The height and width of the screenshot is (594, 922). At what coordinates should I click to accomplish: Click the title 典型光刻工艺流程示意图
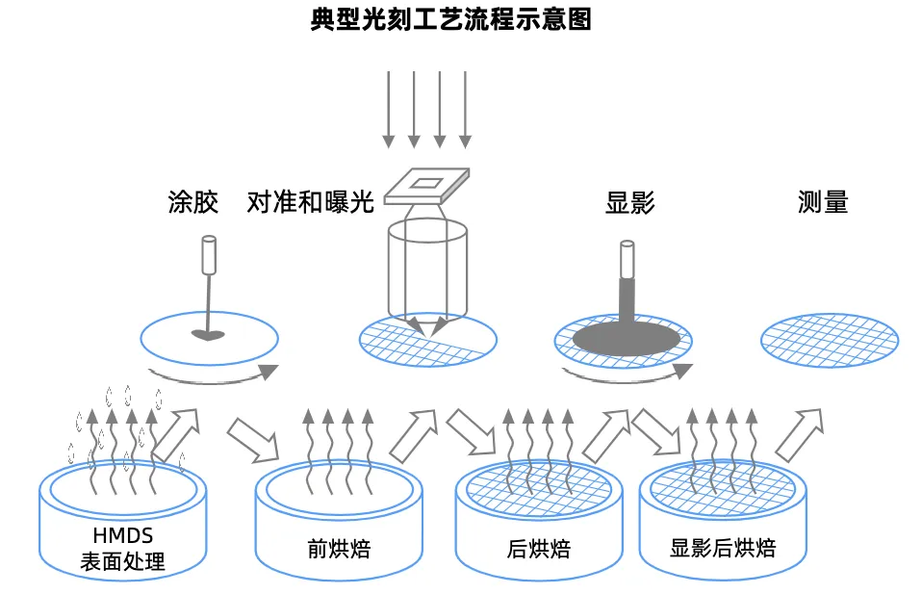coord(450,20)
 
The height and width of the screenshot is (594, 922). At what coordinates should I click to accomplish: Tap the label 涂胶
coord(192,202)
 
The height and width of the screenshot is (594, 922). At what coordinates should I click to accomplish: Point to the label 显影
coord(629,202)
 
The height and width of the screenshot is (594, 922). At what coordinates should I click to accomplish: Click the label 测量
coord(823,202)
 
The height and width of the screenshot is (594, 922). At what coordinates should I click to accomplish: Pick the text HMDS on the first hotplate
coord(123,536)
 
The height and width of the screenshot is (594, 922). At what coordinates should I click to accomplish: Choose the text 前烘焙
coord(339,549)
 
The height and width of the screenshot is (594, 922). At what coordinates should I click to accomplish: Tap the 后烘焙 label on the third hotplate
coord(538,550)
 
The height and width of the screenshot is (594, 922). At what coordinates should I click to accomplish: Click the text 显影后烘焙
coord(723,549)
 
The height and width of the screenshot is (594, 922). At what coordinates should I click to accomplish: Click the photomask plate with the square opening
coord(427,186)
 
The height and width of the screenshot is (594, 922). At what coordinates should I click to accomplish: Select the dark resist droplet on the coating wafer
coord(207,336)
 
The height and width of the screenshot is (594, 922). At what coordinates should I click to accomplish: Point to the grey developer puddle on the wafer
coord(626,337)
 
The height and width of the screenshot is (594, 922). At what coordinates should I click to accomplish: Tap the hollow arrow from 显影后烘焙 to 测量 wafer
coord(801,433)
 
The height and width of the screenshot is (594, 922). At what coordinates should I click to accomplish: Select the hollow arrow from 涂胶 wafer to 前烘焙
coord(253,439)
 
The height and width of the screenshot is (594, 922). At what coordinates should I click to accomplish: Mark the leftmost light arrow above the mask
coord(389,109)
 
